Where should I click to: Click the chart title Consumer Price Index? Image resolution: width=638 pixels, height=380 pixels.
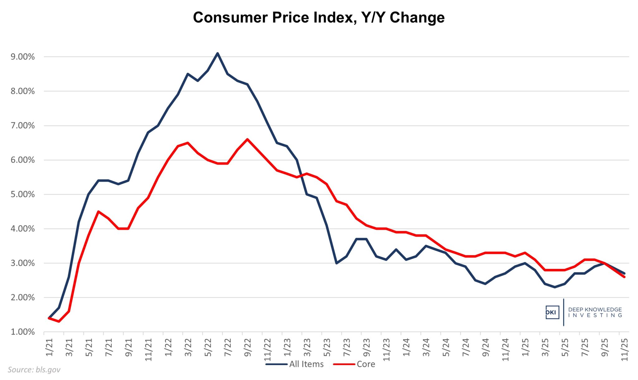click(318, 17)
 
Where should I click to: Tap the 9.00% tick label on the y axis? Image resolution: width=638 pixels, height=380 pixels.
click(23, 57)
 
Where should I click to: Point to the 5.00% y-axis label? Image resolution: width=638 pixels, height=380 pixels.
click(23, 194)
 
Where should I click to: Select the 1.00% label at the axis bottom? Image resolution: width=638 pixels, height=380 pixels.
click(23, 332)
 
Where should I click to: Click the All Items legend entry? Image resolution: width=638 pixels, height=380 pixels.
click(306, 364)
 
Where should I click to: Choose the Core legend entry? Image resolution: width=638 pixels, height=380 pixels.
click(365, 364)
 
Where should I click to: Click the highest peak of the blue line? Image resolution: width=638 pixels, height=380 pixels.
click(217, 53)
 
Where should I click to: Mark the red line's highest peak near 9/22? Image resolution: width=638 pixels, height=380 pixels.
click(247, 139)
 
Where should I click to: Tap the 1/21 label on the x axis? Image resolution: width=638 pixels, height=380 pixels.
click(49, 347)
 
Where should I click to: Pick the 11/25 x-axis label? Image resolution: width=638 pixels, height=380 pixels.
click(625, 349)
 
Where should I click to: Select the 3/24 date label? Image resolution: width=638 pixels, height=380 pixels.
click(426, 347)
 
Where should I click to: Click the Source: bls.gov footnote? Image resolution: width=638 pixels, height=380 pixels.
click(34, 370)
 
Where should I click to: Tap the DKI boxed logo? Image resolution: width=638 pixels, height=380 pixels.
click(552, 312)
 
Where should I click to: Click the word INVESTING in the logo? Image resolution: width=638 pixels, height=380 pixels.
click(595, 315)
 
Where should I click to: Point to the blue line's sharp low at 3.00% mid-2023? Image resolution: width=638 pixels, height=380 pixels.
click(336, 263)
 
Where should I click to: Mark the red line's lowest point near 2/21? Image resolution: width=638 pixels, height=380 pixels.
click(59, 321)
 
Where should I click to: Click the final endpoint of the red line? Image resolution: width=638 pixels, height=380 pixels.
click(624, 277)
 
